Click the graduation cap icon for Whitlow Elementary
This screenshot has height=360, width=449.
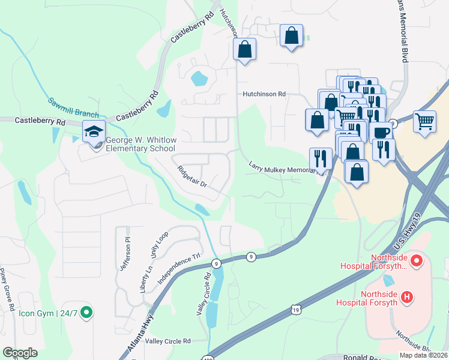[94, 131]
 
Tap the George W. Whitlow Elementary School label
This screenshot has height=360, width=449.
[141, 144]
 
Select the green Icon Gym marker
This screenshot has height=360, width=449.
[86, 311]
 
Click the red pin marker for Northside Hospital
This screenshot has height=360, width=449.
[418, 262]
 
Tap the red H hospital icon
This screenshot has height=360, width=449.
[407, 296]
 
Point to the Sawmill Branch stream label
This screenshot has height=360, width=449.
[73, 108]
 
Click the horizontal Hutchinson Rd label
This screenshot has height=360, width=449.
[264, 94]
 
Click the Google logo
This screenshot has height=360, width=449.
[20, 353]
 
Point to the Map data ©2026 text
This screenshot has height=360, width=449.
[423, 355]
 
